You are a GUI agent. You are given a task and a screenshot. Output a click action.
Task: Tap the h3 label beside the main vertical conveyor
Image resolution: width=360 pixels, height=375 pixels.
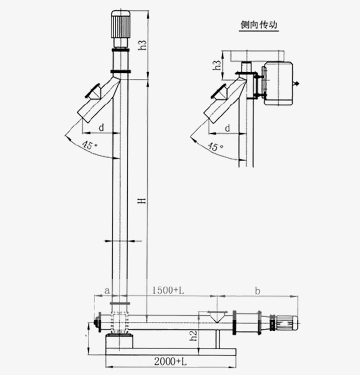tap(143, 43)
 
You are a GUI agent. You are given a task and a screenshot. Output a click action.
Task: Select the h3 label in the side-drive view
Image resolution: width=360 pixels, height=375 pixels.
tap(216, 65)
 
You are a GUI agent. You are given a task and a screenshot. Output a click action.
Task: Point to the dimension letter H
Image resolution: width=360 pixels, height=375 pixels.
tap(142, 200)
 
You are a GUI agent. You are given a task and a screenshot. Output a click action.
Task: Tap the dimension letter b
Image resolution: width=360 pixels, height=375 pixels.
tap(257, 290)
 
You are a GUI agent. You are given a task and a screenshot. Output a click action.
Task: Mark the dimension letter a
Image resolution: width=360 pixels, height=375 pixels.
tap(106, 290)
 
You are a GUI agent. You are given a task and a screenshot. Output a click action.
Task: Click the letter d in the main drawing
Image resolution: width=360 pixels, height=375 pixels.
tap(101, 128)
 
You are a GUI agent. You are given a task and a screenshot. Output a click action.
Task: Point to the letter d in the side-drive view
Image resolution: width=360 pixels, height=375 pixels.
tap(227, 128)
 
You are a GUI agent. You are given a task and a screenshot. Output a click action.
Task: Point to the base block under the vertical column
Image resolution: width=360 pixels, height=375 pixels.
tap(119, 342)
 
